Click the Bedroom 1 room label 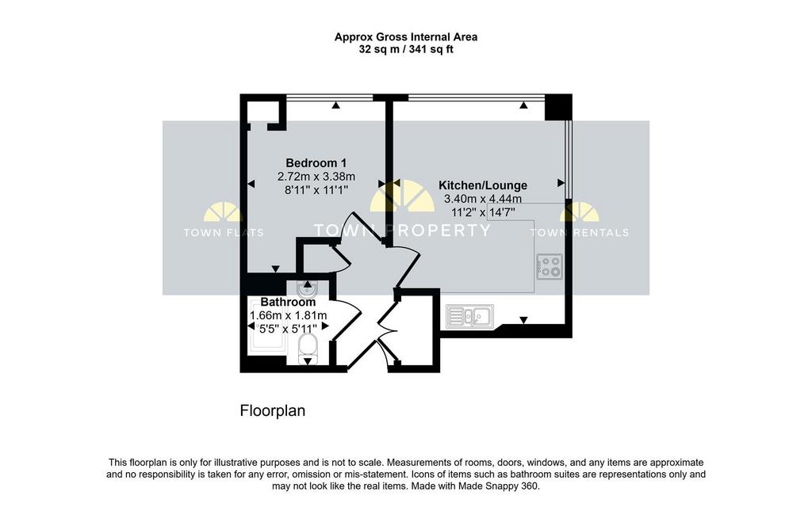[x=316, y=163]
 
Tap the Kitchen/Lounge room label [x=483, y=185]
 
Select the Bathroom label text [x=288, y=302]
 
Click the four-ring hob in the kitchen [x=550, y=266]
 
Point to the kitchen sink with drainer [x=469, y=316]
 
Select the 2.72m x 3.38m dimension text [x=316, y=177]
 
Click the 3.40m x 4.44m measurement [x=483, y=199]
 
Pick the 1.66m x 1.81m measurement [x=288, y=315]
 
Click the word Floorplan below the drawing [x=273, y=411]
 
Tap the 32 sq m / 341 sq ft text [x=406, y=50]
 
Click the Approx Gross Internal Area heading [x=406, y=36]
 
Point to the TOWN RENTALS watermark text [x=579, y=233]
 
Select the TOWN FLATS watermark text [x=224, y=233]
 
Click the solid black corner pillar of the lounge [x=558, y=107]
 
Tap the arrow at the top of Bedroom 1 [x=336, y=105]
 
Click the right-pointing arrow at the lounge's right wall [x=561, y=183]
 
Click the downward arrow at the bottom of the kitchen [x=523, y=320]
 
